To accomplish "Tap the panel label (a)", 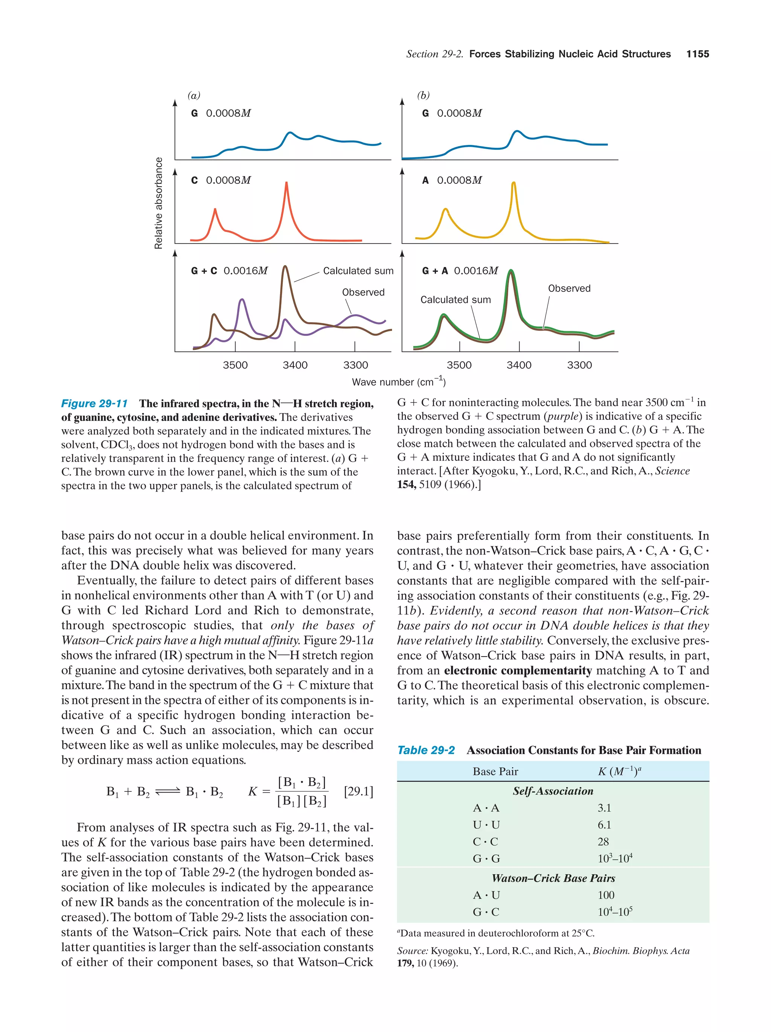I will pyautogui.click(x=194, y=96).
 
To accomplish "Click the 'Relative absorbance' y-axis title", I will pyautogui.click(x=158, y=203).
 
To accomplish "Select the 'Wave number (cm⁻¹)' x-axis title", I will pyautogui.click(x=398, y=382).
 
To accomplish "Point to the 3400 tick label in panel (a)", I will pyautogui.click(x=295, y=365).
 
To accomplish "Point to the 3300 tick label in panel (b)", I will pyautogui.click(x=579, y=365).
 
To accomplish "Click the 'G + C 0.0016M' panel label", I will pyautogui.click(x=229, y=271).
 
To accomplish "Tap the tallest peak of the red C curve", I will pyautogui.click(x=286, y=183).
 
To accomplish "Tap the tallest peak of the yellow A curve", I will pyautogui.click(x=513, y=183).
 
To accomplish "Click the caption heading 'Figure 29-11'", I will pyautogui.click(x=94, y=403).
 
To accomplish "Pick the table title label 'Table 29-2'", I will pyautogui.click(x=425, y=750).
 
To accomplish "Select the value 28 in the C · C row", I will pyautogui.click(x=603, y=841).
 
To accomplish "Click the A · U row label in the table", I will pyautogui.click(x=486, y=895).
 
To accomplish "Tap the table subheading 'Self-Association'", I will pyautogui.click(x=553, y=791).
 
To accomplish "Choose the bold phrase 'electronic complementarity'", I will pyautogui.click(x=517, y=671).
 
